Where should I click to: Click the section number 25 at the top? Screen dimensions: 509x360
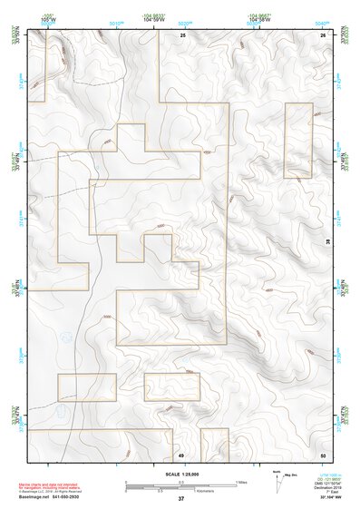pyautogui.click(x=182, y=34)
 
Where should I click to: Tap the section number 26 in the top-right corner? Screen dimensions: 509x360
pyautogui.click(x=323, y=34)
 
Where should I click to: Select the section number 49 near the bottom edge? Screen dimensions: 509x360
pyautogui.click(x=180, y=454)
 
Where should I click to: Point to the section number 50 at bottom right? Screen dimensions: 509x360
pyautogui.click(x=323, y=454)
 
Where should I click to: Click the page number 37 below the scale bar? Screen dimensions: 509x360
pyautogui.click(x=181, y=499)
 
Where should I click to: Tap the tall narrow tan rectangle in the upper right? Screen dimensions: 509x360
pyautogui.click(x=298, y=141)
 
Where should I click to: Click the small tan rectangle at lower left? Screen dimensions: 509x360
pyautogui.click(x=87, y=387)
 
